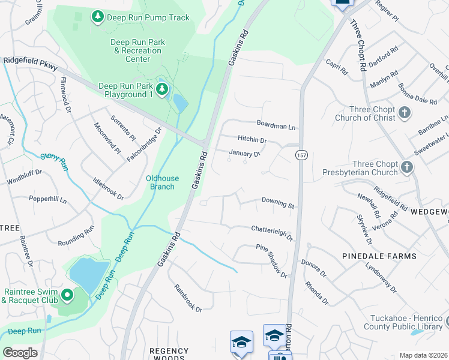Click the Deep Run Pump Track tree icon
point(97,17)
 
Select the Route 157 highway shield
point(299,155)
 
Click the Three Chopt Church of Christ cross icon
point(405,112)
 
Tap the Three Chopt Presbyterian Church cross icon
point(408,167)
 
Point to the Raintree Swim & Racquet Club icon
point(67,295)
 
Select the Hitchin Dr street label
point(252,140)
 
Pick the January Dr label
point(244,154)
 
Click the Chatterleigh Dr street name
point(271,231)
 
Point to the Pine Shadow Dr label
point(271,260)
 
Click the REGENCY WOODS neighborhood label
point(169,355)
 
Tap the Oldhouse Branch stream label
point(160,182)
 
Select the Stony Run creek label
point(52,157)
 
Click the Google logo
point(20,352)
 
